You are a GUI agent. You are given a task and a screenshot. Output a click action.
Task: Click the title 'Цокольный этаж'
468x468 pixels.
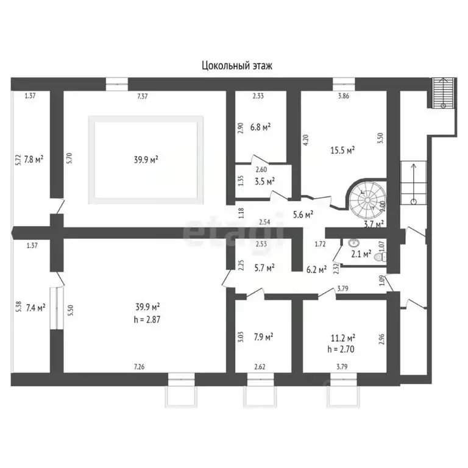click(x=237, y=65)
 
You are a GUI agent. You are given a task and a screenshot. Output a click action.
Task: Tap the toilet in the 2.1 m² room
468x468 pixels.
click(x=381, y=256)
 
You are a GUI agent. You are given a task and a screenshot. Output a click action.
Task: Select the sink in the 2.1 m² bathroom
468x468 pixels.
click(x=353, y=243)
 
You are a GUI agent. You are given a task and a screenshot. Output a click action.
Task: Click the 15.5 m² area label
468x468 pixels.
click(x=342, y=150)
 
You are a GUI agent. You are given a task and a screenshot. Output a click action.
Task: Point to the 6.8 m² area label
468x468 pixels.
click(x=260, y=127)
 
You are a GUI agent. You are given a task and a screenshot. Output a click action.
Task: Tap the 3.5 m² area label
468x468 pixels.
click(x=264, y=182)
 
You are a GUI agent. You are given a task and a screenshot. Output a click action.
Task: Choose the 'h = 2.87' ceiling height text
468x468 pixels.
click(x=147, y=320)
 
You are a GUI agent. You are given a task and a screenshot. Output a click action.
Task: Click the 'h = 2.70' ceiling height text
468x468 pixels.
click(x=341, y=349)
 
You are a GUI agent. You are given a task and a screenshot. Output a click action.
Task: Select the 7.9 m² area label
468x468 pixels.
click(x=263, y=337)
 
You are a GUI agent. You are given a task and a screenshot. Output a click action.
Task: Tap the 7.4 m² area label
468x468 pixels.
click(x=35, y=307)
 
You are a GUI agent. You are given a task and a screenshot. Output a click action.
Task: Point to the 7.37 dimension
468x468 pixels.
click(x=143, y=96)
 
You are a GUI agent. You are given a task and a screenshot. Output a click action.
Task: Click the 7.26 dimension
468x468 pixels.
click(x=140, y=366)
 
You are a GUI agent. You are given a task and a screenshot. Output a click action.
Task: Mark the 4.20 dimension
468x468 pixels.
click(x=306, y=140)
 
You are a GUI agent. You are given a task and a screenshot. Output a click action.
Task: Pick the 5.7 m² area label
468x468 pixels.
click(x=264, y=268)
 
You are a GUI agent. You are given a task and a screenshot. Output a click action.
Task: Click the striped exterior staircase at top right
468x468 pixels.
click(x=443, y=93)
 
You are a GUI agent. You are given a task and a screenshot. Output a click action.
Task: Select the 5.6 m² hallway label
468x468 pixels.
click(x=303, y=214)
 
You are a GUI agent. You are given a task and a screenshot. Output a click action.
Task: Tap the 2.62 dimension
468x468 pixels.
click(x=260, y=366)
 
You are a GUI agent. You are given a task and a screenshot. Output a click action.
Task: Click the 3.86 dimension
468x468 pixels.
click(x=344, y=96)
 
